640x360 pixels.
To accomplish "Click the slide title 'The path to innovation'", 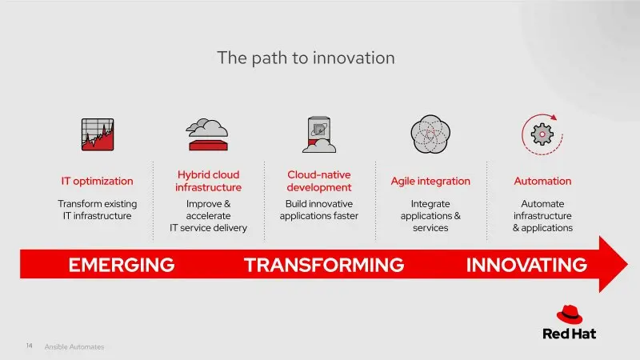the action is [306, 58].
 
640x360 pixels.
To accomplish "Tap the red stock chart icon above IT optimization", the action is [98, 134].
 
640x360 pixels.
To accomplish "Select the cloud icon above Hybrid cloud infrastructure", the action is [207, 134].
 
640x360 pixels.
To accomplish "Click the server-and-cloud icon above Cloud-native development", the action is [319, 134].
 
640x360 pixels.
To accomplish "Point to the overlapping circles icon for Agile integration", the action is [430, 134].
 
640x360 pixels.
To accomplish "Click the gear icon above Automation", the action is [542, 134].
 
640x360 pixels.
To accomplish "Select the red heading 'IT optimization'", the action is [97, 182].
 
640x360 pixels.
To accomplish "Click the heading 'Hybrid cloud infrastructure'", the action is [208, 181].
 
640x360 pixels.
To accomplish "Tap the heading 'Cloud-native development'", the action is [319, 181].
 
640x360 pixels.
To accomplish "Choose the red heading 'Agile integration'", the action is [430, 182].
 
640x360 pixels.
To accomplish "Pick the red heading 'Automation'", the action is [542, 181].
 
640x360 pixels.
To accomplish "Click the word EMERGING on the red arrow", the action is [122, 265].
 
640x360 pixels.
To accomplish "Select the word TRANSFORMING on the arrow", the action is [324, 265].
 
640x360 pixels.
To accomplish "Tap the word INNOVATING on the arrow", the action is [526, 265].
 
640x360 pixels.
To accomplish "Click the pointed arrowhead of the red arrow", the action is [627, 264].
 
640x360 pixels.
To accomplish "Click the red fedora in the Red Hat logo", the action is [570, 314].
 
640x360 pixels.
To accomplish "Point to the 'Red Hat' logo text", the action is [569, 334].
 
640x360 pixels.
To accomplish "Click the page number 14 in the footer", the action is [30, 346].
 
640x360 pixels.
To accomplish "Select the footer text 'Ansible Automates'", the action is [74, 347].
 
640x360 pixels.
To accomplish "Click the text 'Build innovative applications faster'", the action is [319, 210].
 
